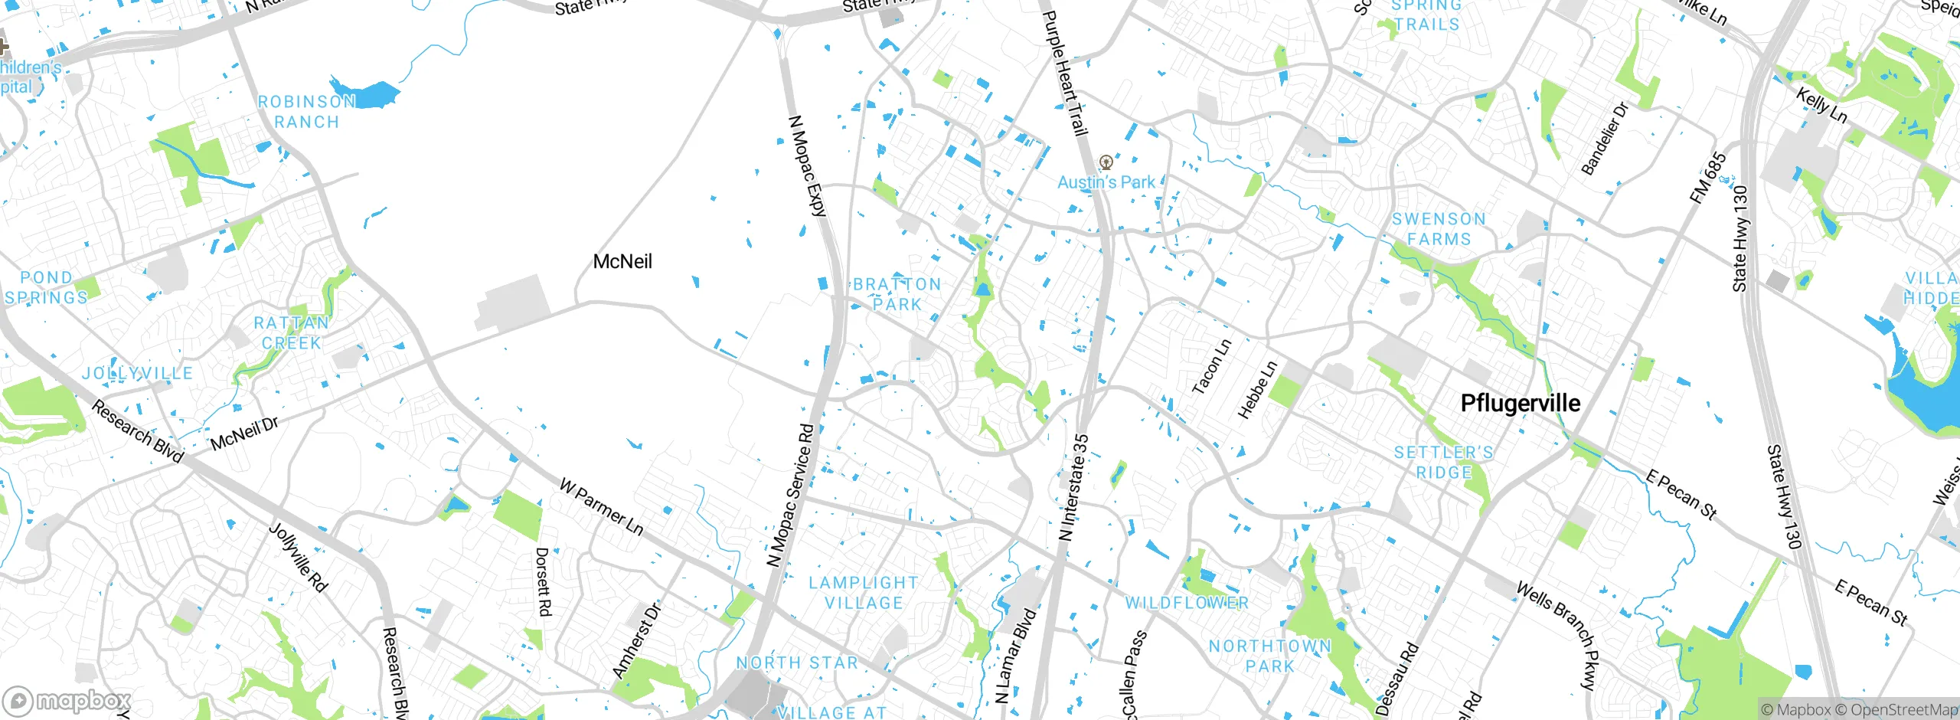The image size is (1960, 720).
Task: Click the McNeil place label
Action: click(622, 262)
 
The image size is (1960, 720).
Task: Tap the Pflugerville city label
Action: click(1520, 404)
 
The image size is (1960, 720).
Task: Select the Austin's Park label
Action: click(1106, 182)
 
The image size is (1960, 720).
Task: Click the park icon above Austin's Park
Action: click(1106, 162)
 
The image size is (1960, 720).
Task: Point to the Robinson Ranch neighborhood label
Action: click(306, 112)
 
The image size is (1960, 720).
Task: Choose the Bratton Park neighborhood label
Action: click(897, 294)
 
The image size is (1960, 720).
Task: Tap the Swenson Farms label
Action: click(1439, 229)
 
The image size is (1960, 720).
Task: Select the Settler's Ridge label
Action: click(1443, 463)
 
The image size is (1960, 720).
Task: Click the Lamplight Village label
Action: click(864, 593)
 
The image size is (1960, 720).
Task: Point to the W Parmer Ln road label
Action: click(602, 507)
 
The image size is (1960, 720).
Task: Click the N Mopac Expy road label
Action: click(808, 166)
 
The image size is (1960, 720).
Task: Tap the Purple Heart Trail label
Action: click(1065, 73)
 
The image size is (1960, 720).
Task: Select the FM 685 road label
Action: click(1708, 178)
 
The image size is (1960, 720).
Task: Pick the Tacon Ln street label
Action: click(1212, 367)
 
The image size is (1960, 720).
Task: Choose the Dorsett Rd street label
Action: click(543, 581)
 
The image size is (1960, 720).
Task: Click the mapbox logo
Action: click(67, 701)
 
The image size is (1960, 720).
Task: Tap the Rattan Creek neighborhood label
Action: click(292, 333)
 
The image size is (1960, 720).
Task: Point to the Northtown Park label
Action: click(1270, 656)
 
